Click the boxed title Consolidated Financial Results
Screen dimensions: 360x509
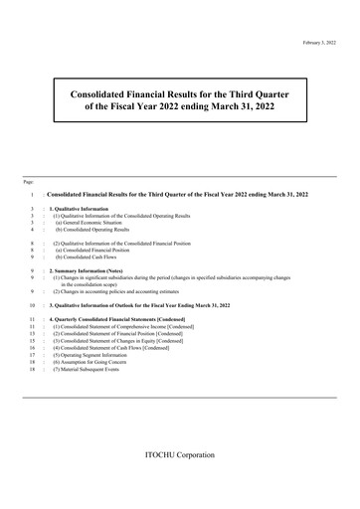point(179,94)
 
